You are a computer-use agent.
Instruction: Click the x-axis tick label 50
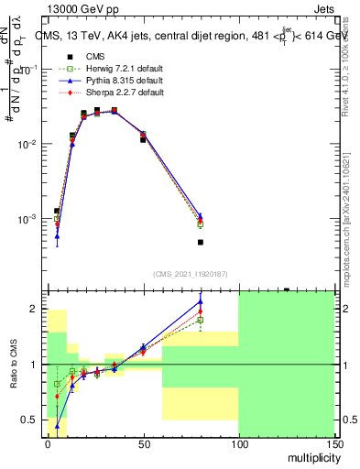(143, 443)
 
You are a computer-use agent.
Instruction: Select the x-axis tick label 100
(237, 443)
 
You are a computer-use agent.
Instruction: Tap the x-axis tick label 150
(333, 443)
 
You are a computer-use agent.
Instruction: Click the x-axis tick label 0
(48, 443)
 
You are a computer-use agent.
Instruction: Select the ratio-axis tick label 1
(35, 365)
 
